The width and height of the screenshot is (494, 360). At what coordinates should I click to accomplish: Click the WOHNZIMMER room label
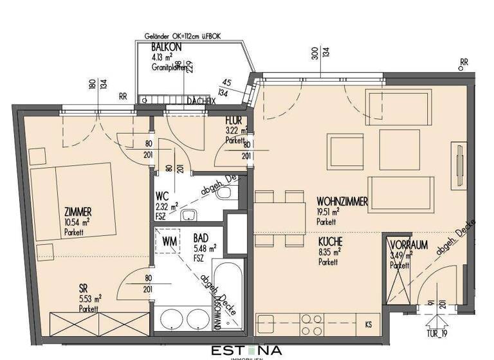pyautogui.click(x=342, y=202)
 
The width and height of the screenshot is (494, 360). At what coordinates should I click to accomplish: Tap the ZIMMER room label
pyautogui.click(x=77, y=212)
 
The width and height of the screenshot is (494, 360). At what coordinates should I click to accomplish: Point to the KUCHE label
pyautogui.click(x=329, y=241)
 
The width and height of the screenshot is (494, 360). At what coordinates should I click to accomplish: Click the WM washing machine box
pyautogui.click(x=170, y=242)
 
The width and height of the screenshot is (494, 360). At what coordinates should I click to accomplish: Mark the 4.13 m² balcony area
pyautogui.click(x=162, y=57)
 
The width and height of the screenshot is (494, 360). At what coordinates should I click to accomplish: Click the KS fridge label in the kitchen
pyautogui.click(x=368, y=323)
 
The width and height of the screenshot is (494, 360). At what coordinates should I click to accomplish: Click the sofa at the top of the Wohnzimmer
pyautogui.click(x=398, y=104)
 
